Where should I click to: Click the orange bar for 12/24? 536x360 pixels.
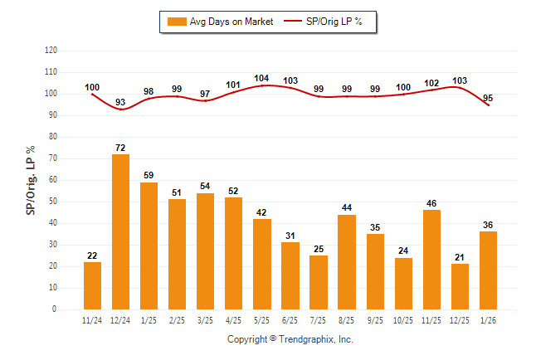120,231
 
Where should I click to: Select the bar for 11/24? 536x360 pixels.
92,285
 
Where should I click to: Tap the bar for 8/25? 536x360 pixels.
347,261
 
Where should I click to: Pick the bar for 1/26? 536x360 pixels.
488,270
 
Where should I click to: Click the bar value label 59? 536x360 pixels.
149,175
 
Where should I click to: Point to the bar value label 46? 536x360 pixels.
431,202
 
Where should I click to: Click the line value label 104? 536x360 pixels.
261,78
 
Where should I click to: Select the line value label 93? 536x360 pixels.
120,102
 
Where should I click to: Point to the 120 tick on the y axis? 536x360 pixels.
51,51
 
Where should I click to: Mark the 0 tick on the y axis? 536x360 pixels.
55,309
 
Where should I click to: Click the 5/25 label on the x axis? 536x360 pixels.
261,319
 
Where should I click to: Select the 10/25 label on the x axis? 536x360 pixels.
403,319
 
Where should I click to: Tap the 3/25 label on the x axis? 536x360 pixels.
205,319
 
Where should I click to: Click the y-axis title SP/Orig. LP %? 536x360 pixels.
31,180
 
